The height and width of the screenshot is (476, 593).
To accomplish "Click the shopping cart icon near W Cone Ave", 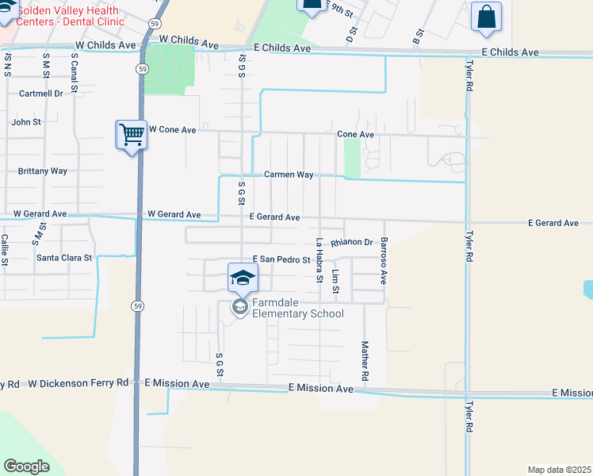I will click(x=132, y=133).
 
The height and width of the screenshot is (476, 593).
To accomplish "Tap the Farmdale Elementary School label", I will click(x=297, y=308).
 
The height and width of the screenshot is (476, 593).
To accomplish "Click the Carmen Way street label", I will click(x=289, y=175).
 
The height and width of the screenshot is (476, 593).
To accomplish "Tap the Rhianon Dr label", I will click(x=352, y=242).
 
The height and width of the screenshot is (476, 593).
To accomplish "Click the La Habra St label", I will click(x=319, y=260).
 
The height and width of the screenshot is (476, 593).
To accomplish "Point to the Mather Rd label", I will click(x=365, y=360).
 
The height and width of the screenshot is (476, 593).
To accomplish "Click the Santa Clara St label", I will click(x=64, y=258).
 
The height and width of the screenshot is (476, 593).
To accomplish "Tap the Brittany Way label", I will click(x=43, y=171).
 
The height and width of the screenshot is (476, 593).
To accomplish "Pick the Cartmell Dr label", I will click(x=41, y=94).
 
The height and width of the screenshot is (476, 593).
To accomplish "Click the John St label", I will click(x=26, y=122).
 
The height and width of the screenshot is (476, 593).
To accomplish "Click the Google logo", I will click(x=26, y=466).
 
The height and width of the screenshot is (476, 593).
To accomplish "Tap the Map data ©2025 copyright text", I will click(x=559, y=470).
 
